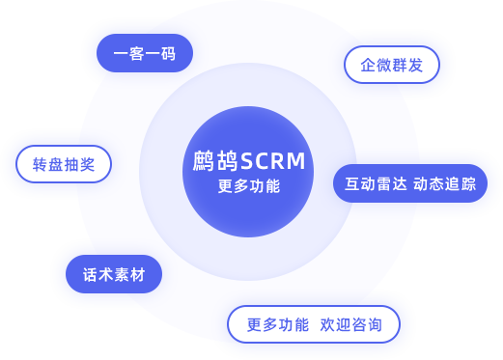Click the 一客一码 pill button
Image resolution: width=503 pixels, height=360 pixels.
click(x=145, y=54)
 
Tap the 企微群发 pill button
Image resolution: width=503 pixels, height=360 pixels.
click(x=391, y=66)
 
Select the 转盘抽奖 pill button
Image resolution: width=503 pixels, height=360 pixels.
click(x=64, y=164)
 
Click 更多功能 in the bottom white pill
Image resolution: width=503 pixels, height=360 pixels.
click(x=278, y=325)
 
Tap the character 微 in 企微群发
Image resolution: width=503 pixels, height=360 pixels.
click(x=383, y=66)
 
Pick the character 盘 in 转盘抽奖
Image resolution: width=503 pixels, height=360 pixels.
click(x=56, y=164)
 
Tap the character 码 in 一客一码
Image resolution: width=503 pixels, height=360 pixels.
click(x=168, y=54)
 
